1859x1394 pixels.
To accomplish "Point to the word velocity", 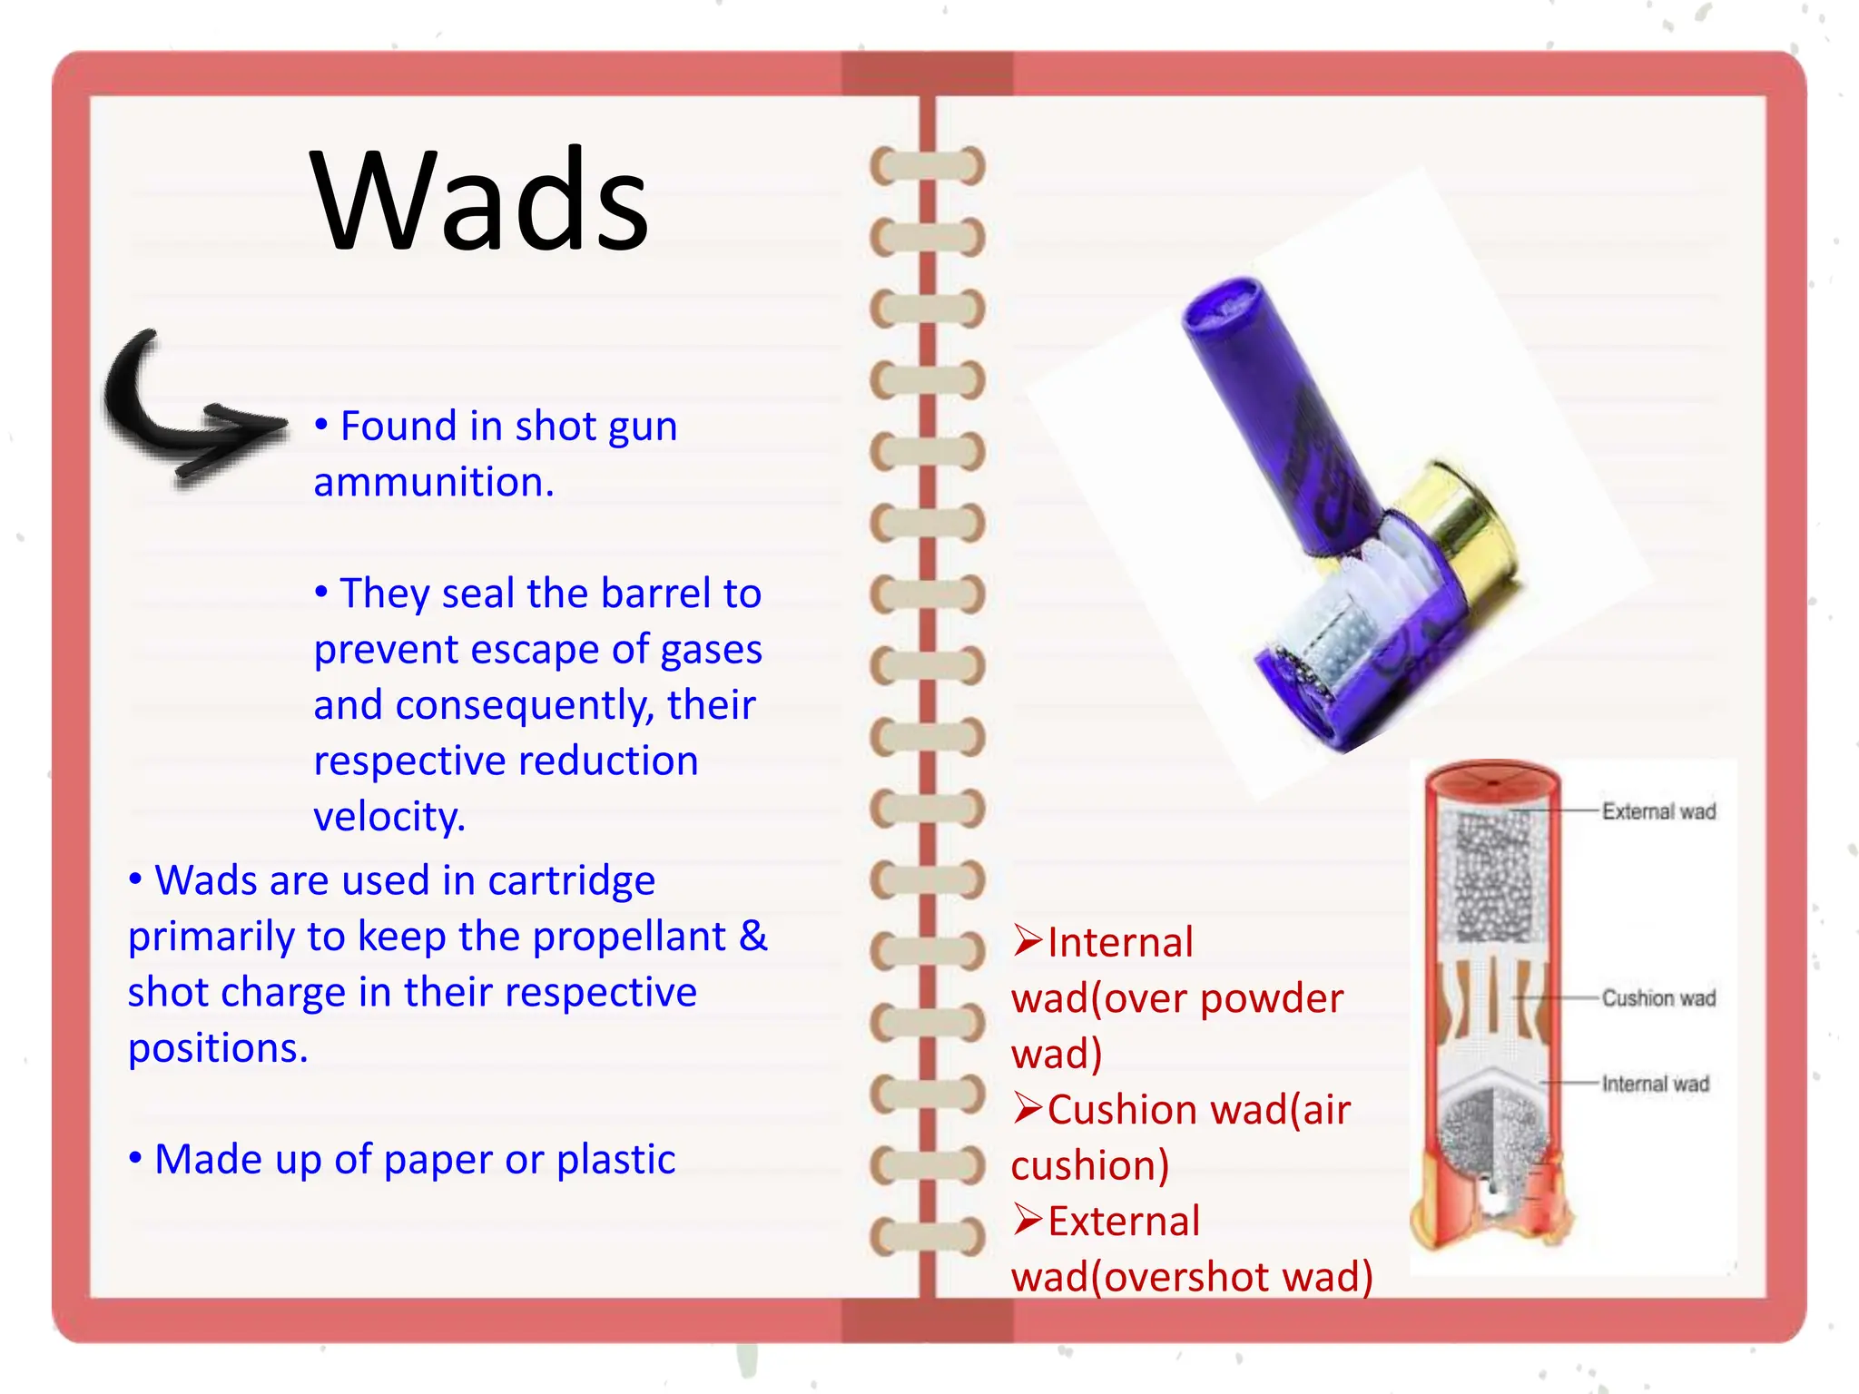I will click(389, 817).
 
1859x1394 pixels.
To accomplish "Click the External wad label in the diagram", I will click(1658, 811).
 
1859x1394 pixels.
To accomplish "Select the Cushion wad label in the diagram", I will click(1658, 998).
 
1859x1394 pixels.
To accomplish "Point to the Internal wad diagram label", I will click(1655, 1084).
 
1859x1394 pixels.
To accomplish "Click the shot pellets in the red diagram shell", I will click(1492, 876).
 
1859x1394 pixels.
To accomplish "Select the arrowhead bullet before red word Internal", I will click(1028, 941).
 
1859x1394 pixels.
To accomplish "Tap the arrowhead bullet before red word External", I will click(1028, 1220).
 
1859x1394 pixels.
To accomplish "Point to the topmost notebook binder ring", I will click(927, 167).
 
